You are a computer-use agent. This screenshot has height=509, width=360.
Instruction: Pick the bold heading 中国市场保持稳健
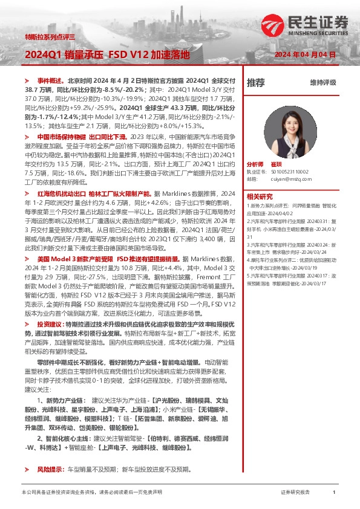(61, 137)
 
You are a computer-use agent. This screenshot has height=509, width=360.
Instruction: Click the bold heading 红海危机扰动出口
(61, 193)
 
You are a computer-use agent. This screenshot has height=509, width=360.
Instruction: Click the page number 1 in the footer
(334, 493)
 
